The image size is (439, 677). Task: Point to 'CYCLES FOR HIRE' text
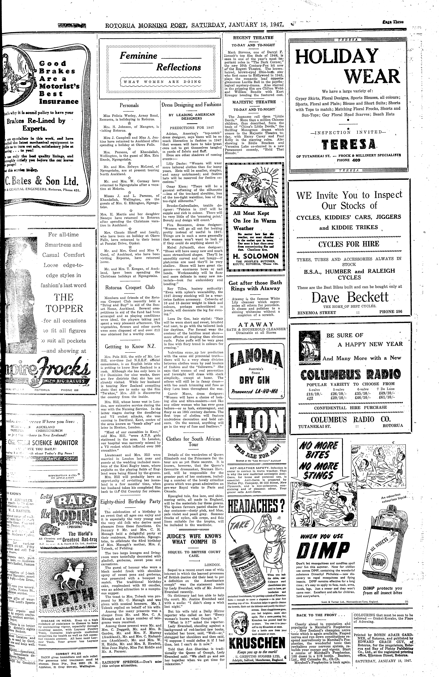(349, 244)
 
